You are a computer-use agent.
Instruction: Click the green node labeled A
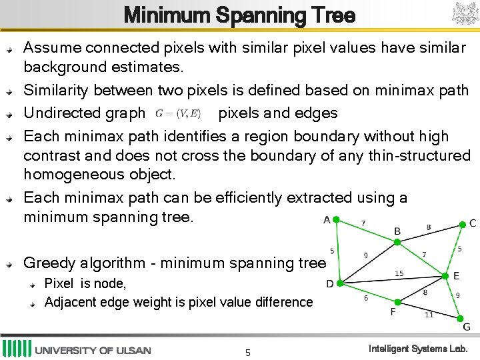tap(336, 219)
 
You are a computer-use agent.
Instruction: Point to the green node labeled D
tap(339, 283)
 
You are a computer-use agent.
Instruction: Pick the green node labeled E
tap(445, 275)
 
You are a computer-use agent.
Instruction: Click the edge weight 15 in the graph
tap(399, 273)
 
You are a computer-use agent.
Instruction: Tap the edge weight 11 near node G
tap(429, 315)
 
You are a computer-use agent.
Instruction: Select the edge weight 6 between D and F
tap(365, 299)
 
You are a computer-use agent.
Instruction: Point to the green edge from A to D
tap(337, 251)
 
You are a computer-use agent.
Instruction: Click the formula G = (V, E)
tap(178, 113)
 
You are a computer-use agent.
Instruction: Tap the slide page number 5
tap(247, 352)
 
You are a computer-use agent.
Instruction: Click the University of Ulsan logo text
tap(93, 350)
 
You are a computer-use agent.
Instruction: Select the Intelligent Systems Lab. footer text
tap(418, 349)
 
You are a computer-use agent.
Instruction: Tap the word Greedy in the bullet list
tap(47, 263)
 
